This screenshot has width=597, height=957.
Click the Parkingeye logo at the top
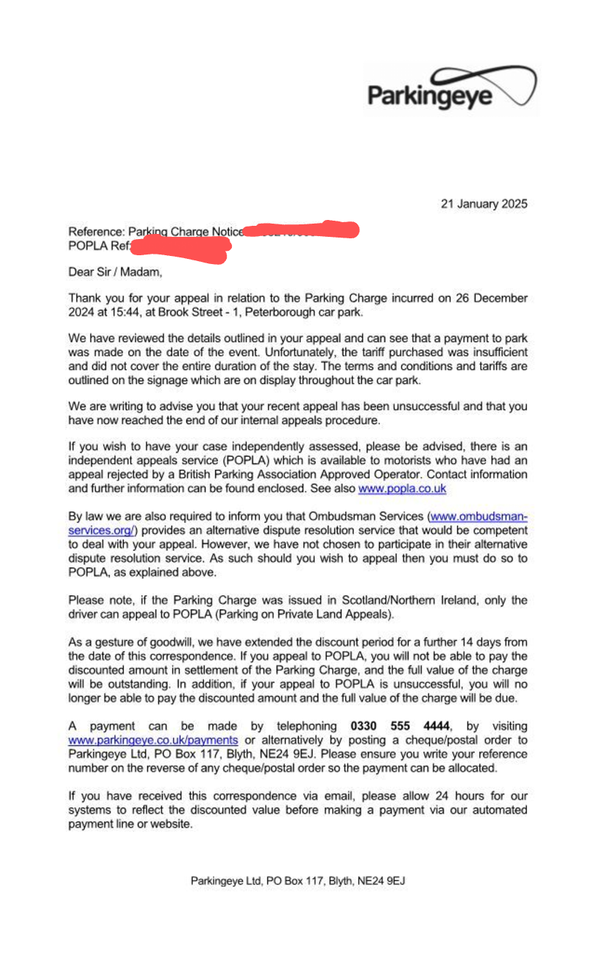451,90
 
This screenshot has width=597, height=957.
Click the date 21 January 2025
484,204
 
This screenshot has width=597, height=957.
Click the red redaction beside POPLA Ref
180,247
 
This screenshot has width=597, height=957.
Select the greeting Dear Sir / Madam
114,272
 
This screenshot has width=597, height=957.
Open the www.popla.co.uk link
402,488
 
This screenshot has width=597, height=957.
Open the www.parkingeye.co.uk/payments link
152,740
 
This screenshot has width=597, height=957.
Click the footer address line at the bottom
298,880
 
